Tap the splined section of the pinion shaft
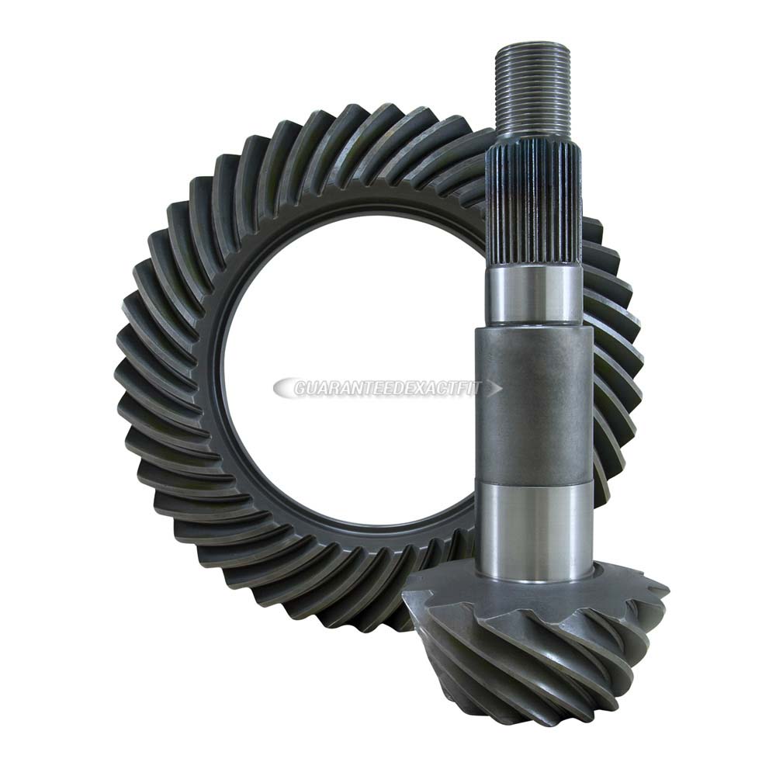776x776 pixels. click(x=533, y=210)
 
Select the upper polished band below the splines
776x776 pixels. click(x=533, y=295)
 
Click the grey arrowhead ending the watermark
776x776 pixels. click(x=495, y=389)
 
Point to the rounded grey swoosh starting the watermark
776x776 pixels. click(x=284, y=388)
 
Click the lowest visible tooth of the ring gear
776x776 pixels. click(x=372, y=613)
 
